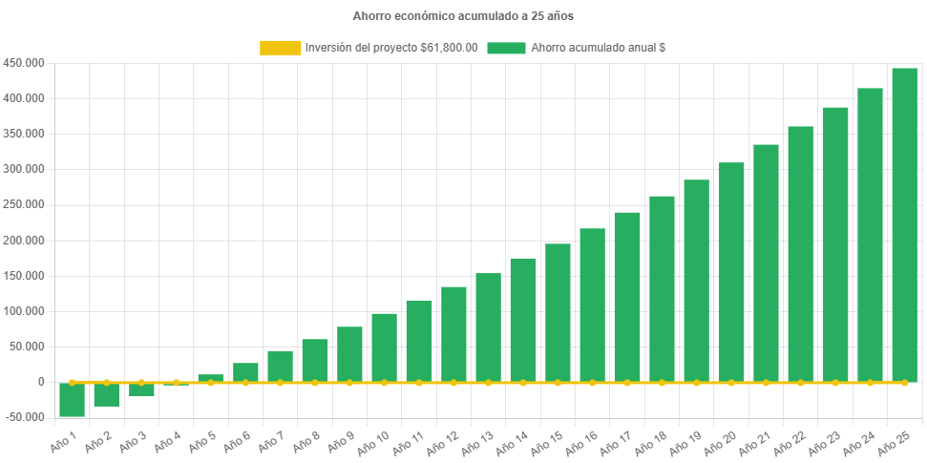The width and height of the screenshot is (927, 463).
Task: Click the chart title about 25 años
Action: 463,16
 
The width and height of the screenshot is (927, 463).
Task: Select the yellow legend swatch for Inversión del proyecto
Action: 280,48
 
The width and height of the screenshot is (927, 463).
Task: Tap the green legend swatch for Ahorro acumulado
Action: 506,48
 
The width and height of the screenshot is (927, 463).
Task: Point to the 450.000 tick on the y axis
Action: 24,63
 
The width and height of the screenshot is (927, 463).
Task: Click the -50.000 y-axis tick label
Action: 24,417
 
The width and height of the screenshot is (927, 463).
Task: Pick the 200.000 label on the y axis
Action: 24,241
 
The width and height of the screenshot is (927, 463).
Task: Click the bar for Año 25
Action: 904,224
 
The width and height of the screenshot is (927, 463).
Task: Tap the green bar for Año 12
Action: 453,334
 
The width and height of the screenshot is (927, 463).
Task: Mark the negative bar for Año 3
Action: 141,389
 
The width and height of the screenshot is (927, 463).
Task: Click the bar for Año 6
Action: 245,372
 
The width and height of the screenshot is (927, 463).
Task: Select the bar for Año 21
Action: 766,263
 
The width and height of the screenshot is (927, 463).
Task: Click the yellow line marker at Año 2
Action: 106,382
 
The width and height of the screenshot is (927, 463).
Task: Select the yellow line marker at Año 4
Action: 176,382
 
